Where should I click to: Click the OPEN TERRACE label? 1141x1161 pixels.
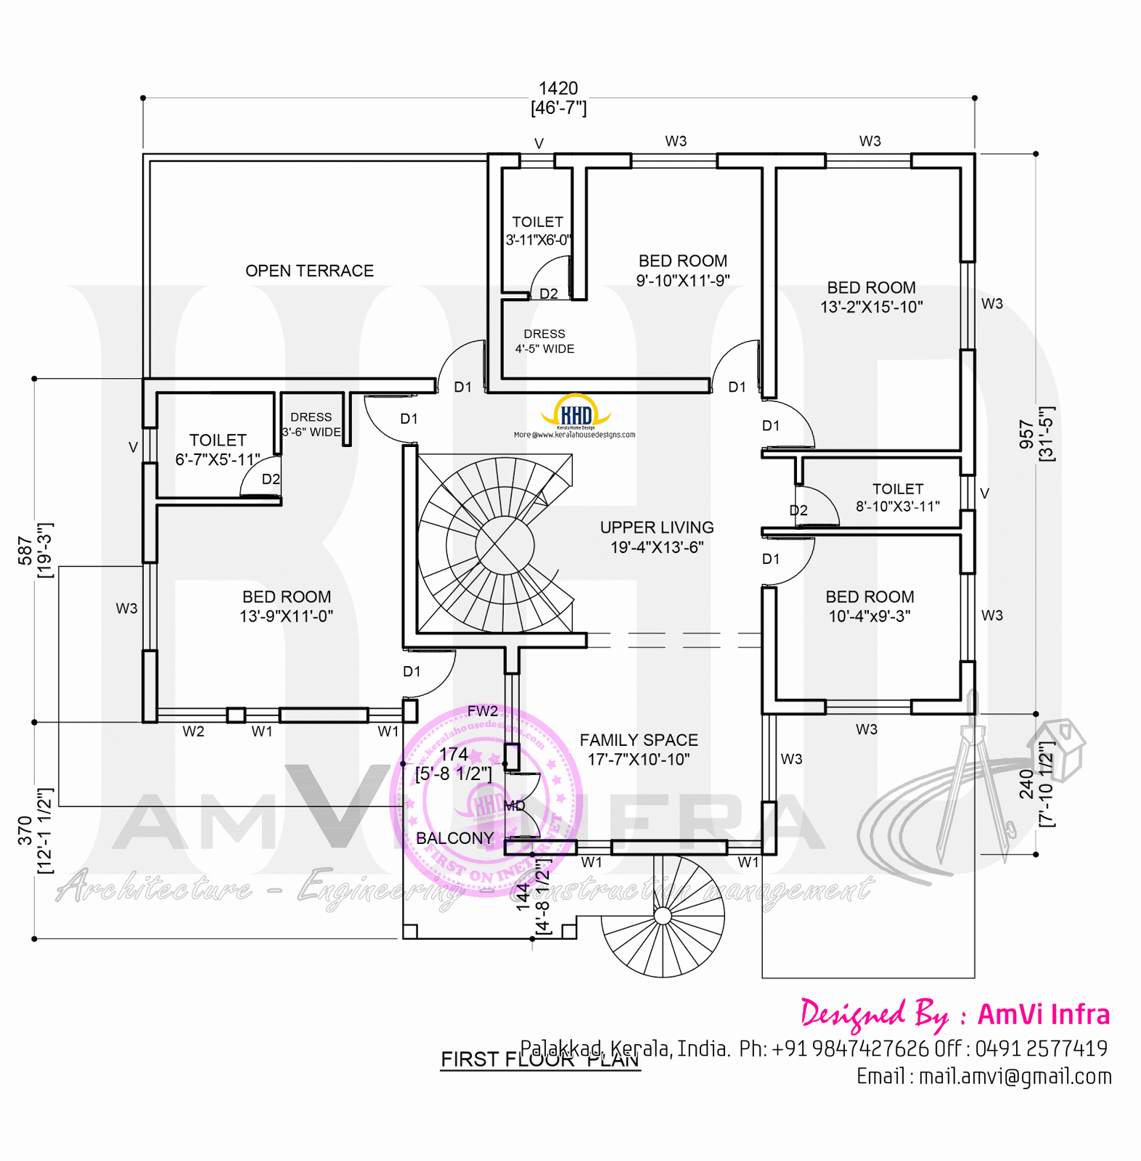click(309, 271)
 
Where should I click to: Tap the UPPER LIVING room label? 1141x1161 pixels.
click(657, 537)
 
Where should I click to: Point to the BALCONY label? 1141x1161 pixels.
click(454, 838)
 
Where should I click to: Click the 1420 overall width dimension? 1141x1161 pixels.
click(558, 89)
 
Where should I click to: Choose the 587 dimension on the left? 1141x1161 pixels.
click(25, 551)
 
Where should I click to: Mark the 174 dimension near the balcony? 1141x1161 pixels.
click(454, 755)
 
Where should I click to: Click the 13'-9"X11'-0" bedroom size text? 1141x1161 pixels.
click(287, 616)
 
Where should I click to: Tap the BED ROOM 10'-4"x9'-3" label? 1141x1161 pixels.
click(870, 606)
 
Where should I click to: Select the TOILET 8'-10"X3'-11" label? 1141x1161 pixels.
click(898, 498)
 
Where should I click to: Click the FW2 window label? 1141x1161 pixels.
click(483, 711)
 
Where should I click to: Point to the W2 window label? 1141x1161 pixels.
click(193, 731)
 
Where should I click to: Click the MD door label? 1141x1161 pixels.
click(514, 805)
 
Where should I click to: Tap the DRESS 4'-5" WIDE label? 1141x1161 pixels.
click(544, 341)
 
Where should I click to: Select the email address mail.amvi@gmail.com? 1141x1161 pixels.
click(1015, 1077)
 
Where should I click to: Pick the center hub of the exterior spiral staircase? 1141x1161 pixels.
click(662, 916)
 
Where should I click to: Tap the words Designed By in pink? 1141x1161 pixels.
click(874, 1014)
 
